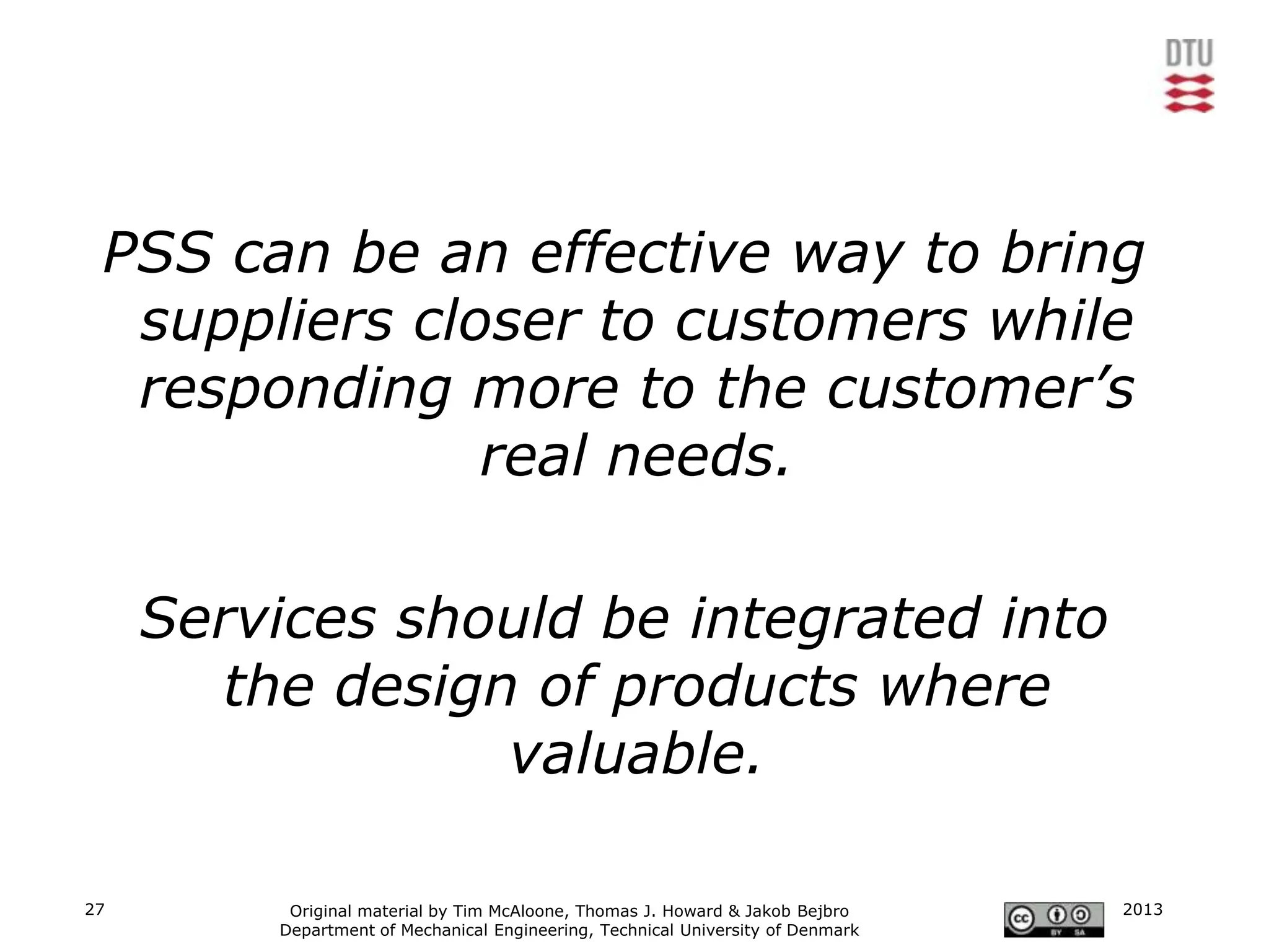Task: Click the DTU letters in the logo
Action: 1189,54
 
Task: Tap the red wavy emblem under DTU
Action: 1189,93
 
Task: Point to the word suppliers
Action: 266,322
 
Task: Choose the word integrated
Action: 836,619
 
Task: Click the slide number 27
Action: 95,909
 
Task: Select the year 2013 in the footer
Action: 1143,909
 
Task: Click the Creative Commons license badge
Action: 1053,920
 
